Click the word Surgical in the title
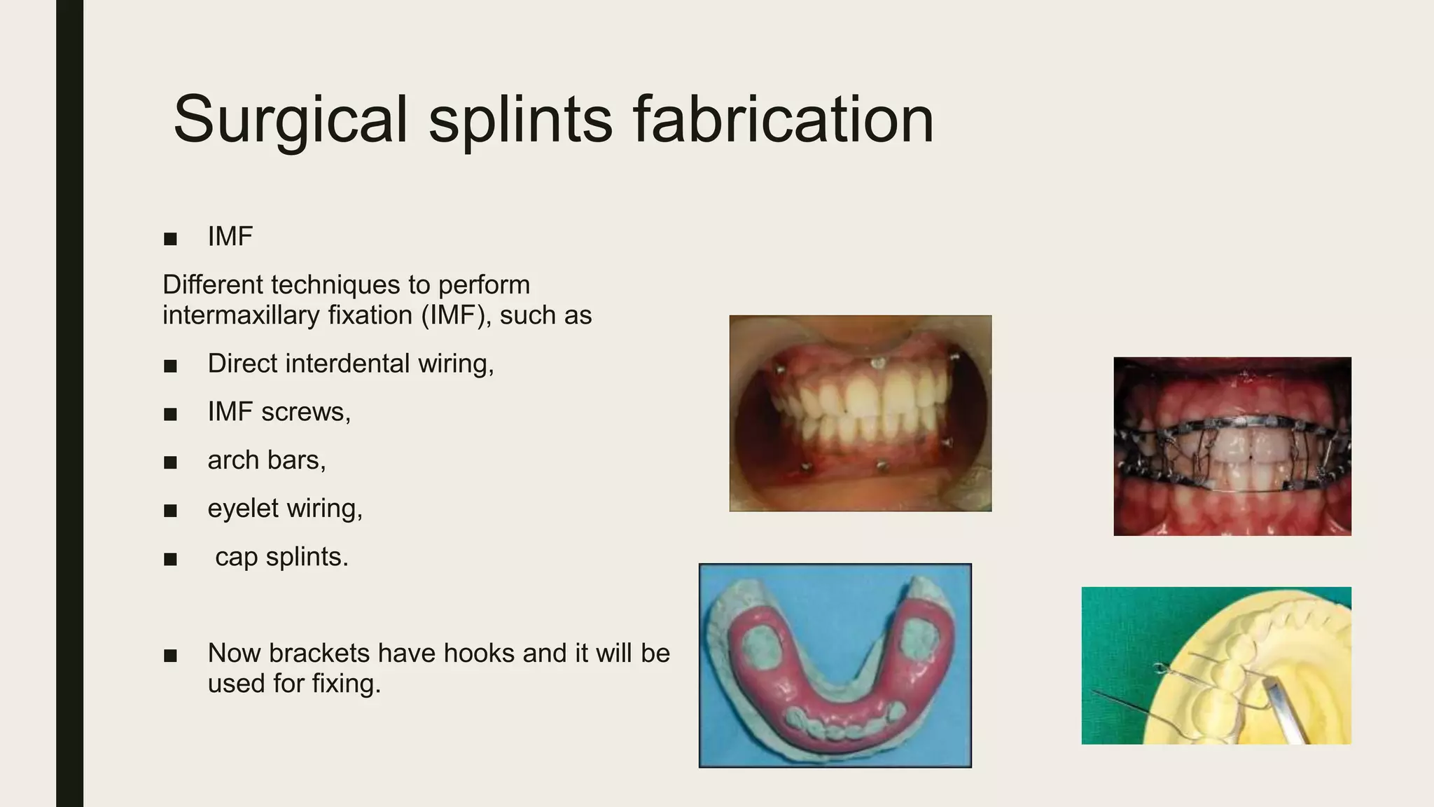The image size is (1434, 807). pos(290,120)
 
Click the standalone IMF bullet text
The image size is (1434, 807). pos(230,237)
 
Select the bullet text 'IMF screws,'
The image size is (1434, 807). pos(279,411)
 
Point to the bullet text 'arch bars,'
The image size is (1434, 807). pos(266,460)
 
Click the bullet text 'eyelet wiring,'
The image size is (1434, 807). pos(285,509)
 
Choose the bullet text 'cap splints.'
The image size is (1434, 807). pos(281,557)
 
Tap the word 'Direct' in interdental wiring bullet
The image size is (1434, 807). pos(242,364)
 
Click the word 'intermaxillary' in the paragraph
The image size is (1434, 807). pos(240,315)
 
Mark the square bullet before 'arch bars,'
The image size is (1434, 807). pos(170,462)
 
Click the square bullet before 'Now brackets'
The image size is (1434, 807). pos(170,656)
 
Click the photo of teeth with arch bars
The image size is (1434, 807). pos(1232,446)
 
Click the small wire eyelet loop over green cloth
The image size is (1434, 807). pos(1159,668)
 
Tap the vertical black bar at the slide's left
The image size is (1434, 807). pos(69,403)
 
